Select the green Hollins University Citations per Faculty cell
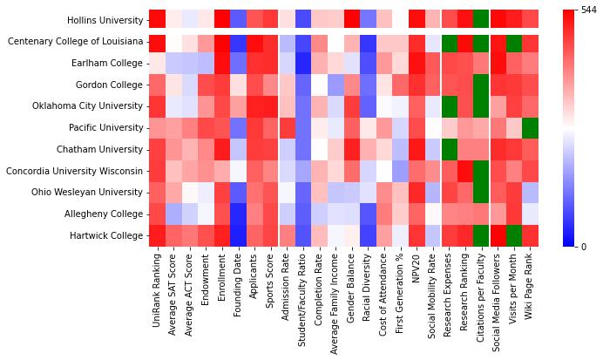[x=480, y=20]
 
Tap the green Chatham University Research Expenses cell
[x=446, y=150]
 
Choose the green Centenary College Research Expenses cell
[x=446, y=42]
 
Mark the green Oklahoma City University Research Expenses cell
[x=446, y=106]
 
